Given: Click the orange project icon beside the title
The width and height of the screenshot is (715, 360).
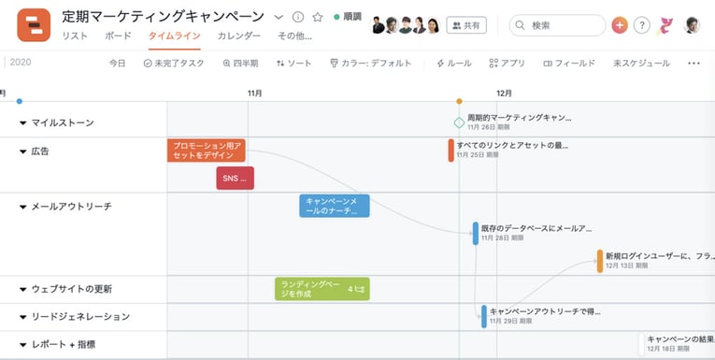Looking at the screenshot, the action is (34, 24).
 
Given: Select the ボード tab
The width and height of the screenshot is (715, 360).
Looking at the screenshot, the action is (118, 36).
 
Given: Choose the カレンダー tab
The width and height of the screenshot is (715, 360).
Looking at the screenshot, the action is (238, 36).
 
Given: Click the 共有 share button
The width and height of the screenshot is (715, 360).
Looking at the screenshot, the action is (466, 25).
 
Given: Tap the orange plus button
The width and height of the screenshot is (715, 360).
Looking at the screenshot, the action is (619, 25).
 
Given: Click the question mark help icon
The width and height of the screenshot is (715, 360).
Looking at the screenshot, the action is (641, 25).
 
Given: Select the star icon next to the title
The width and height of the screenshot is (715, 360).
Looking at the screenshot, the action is (318, 18).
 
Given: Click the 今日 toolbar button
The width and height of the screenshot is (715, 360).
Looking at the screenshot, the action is (117, 64).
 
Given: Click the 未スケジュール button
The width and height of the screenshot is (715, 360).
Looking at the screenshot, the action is (641, 64).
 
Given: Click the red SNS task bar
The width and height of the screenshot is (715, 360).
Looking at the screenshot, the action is (235, 178).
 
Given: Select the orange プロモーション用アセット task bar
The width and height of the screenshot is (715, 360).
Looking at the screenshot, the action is (207, 151).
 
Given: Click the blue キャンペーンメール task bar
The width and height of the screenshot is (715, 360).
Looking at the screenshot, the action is (334, 206).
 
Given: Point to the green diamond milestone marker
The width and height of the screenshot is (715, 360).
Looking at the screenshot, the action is (459, 122).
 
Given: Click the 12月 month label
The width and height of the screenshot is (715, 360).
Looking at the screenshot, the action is (504, 94).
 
